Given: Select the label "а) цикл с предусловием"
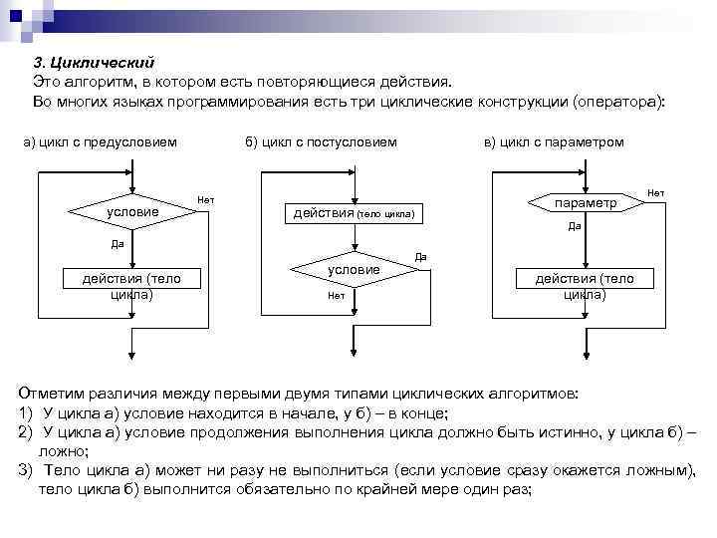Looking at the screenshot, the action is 100,141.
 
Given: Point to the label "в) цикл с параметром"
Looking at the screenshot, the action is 553,141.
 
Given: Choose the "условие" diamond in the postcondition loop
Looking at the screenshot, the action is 354,270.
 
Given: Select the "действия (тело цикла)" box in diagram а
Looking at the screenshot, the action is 131,286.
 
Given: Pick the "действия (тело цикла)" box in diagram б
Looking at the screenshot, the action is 354,213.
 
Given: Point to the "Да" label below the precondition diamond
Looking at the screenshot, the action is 118,242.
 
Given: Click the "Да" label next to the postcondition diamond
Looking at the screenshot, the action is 420,256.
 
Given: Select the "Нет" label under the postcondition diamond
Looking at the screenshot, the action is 336,295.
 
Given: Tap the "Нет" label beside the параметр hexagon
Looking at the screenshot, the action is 656,191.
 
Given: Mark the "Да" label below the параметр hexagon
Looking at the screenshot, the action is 575,226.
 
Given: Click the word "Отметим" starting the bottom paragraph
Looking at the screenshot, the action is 51,395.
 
